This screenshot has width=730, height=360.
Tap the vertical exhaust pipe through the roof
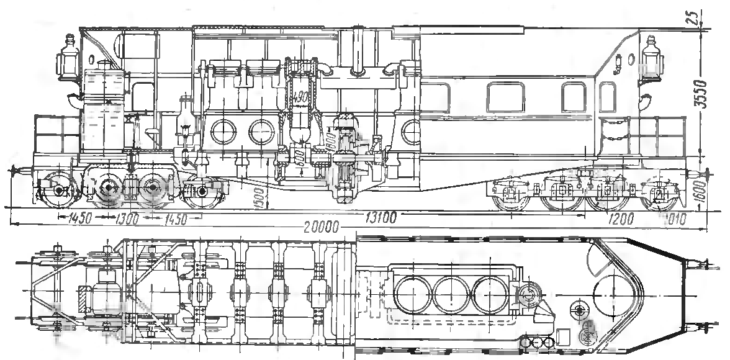coord(358,50)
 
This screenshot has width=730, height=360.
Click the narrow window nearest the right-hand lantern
coord(574,96)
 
